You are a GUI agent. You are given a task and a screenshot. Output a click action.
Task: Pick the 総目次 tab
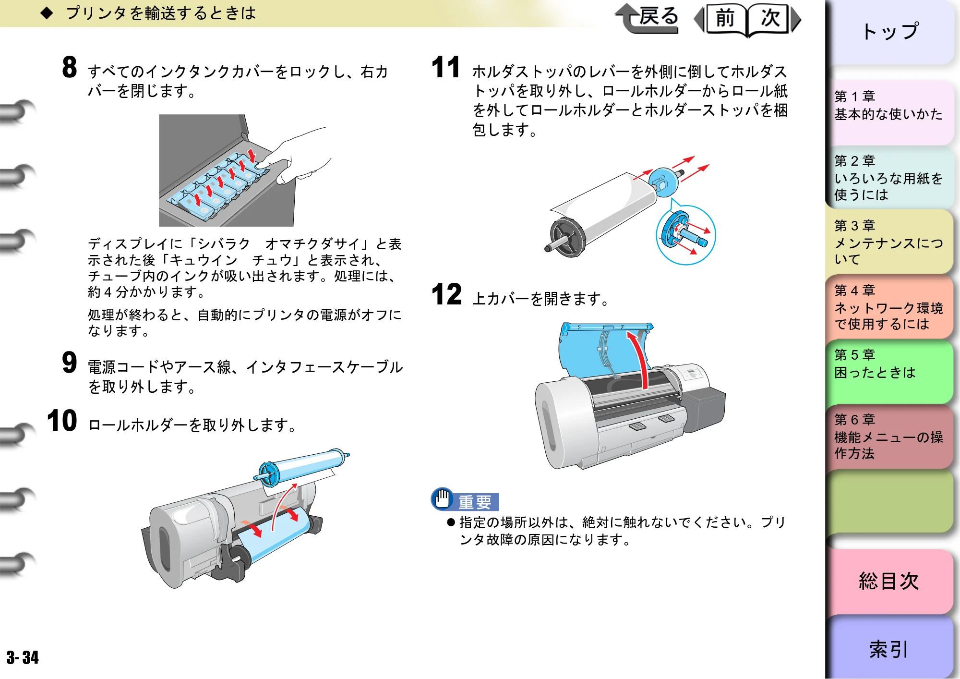(889, 582)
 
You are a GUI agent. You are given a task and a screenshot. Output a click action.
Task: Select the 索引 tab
(889, 648)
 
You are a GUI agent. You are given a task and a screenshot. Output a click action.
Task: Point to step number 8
(70, 67)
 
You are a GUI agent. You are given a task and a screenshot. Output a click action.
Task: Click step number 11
(446, 67)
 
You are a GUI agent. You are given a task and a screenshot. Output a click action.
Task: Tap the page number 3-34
(23, 657)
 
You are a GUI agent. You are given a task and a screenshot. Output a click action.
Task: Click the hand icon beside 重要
(442, 499)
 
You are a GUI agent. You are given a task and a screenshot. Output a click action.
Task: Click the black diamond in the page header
(47, 13)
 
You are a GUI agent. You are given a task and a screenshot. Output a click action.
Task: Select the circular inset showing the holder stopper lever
(686, 235)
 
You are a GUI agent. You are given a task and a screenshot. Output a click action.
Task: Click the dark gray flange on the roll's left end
(568, 237)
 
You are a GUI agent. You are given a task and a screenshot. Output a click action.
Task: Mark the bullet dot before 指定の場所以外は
(451, 522)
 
